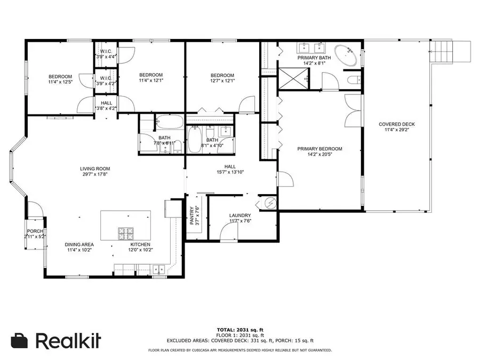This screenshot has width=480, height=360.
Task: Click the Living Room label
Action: click(95, 169)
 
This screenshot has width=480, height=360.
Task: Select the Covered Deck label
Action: click(396, 124)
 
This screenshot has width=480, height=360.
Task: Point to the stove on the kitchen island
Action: click(126, 233)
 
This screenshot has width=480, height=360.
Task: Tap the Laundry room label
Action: click(239, 215)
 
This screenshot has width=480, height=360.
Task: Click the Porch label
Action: click(35, 230)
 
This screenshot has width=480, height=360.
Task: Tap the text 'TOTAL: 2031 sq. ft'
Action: click(239, 329)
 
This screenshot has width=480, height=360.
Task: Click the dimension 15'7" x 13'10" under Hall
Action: click(230, 172)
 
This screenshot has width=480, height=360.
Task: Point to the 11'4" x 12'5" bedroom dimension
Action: click(60, 82)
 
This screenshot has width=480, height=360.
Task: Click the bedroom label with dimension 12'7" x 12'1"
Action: click(222, 75)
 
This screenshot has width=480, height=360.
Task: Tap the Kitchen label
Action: click(140, 244)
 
